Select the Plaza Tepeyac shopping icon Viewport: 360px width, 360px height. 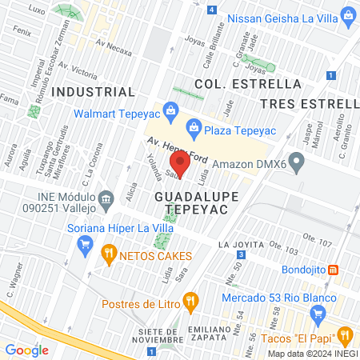tap(194, 126)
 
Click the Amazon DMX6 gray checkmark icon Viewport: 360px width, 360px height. tap(297, 164)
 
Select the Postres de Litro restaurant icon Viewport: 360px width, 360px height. tap(190, 302)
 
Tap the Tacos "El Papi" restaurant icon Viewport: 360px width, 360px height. tap(345, 334)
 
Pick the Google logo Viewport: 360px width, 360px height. tap(26, 350)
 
